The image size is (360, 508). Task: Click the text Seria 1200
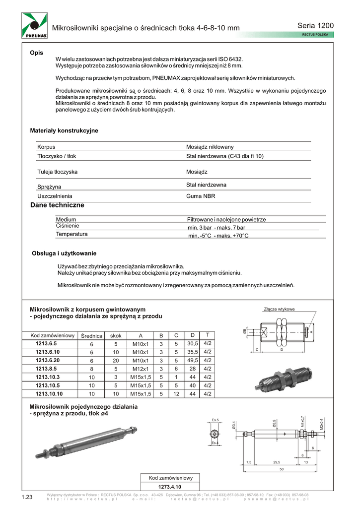[315, 25]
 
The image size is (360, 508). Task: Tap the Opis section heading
[36, 53]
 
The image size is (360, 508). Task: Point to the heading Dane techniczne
[57, 205]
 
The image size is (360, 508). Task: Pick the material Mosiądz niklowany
[210, 147]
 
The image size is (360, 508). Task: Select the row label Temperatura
[72, 234]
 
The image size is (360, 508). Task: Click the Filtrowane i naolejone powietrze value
[226, 219]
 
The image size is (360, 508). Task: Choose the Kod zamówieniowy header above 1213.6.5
[52, 335]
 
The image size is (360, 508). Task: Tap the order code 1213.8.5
[46, 369]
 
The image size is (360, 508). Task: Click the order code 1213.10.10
[49, 394]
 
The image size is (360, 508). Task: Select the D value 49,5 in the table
[193, 360]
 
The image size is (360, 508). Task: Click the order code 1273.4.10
[171, 487]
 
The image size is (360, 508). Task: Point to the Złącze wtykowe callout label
[279, 309]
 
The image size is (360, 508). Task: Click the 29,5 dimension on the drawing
[277, 462]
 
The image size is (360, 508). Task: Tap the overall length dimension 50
[281, 469]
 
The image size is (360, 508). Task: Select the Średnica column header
[91, 336]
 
